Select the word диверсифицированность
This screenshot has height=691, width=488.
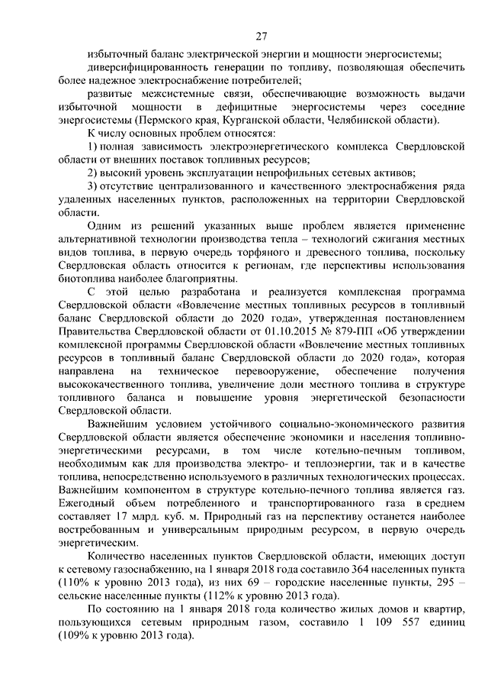(149, 68)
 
